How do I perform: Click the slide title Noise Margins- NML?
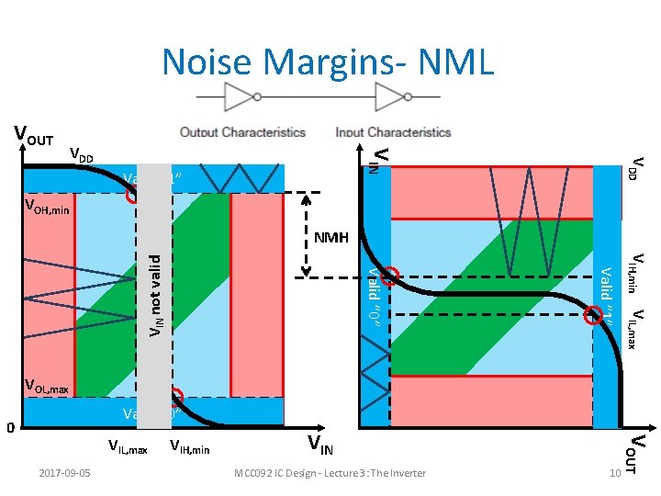click(x=328, y=62)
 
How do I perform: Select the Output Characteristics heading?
click(x=242, y=132)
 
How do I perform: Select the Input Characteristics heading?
click(x=393, y=132)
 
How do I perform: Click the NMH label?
click(x=331, y=238)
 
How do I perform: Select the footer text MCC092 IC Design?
click(x=330, y=473)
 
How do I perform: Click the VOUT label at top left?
click(x=33, y=137)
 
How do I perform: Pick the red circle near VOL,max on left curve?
click(x=175, y=398)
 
